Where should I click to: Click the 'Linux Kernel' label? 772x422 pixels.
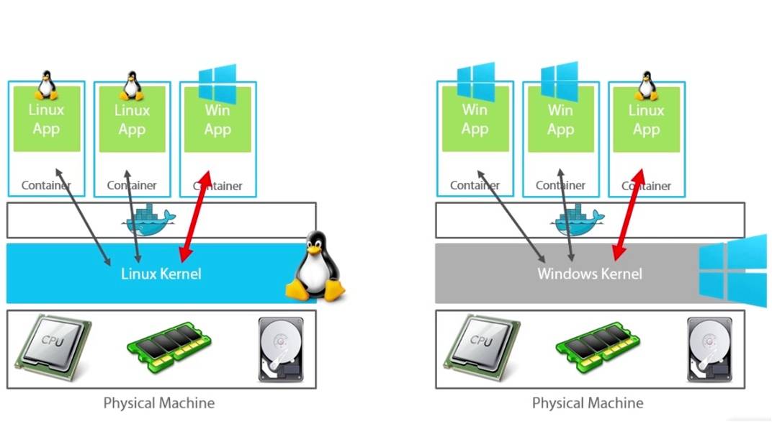tap(161, 274)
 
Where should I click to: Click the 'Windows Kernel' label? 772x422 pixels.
tap(589, 274)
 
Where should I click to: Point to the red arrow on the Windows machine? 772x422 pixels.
tap(627, 215)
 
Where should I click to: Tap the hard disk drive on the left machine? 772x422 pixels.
tap(277, 349)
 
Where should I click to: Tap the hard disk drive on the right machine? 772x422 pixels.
tap(706, 349)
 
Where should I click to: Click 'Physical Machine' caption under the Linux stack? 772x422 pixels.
tap(159, 403)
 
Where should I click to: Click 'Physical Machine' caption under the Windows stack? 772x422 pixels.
tap(588, 403)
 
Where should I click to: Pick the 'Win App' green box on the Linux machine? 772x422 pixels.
tap(217, 121)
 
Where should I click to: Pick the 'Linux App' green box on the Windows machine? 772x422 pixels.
tap(646, 121)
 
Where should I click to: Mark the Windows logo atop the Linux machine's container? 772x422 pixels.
tap(217, 83)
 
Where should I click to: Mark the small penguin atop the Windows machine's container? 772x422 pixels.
tap(646, 86)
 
